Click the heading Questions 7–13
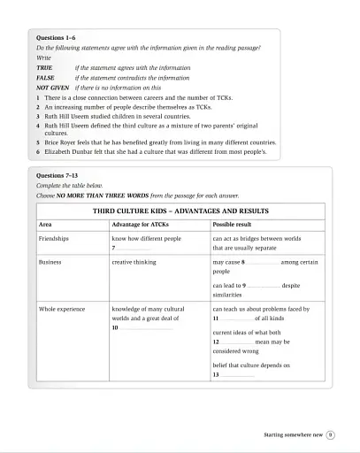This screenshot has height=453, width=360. tap(56, 176)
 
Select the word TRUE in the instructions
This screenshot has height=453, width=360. tap(44, 68)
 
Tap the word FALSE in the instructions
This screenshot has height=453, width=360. tap(46, 78)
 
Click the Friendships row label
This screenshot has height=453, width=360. tap(55, 239)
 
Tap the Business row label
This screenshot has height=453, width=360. tap(51, 263)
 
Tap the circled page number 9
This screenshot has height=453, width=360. tap(330, 434)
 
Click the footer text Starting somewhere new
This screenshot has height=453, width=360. tap(293, 434)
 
